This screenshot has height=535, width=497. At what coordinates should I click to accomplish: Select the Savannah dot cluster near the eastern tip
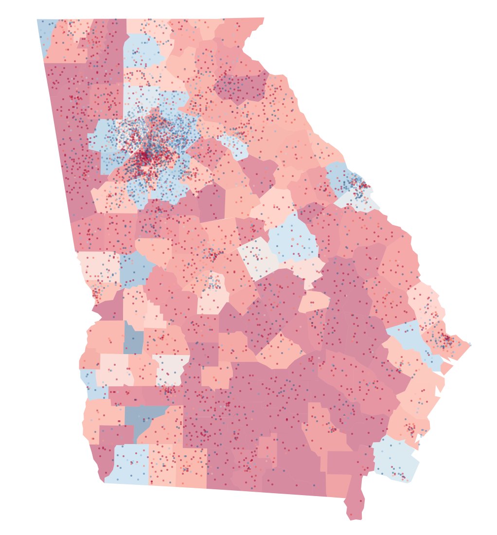tap(445, 340)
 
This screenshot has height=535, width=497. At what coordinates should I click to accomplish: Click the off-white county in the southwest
tap(170, 370)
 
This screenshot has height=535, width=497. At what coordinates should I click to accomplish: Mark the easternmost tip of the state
tap(470, 345)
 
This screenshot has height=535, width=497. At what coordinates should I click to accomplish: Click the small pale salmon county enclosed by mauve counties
tap(314, 302)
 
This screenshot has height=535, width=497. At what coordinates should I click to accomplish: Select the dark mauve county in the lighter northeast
tap(241, 88)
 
